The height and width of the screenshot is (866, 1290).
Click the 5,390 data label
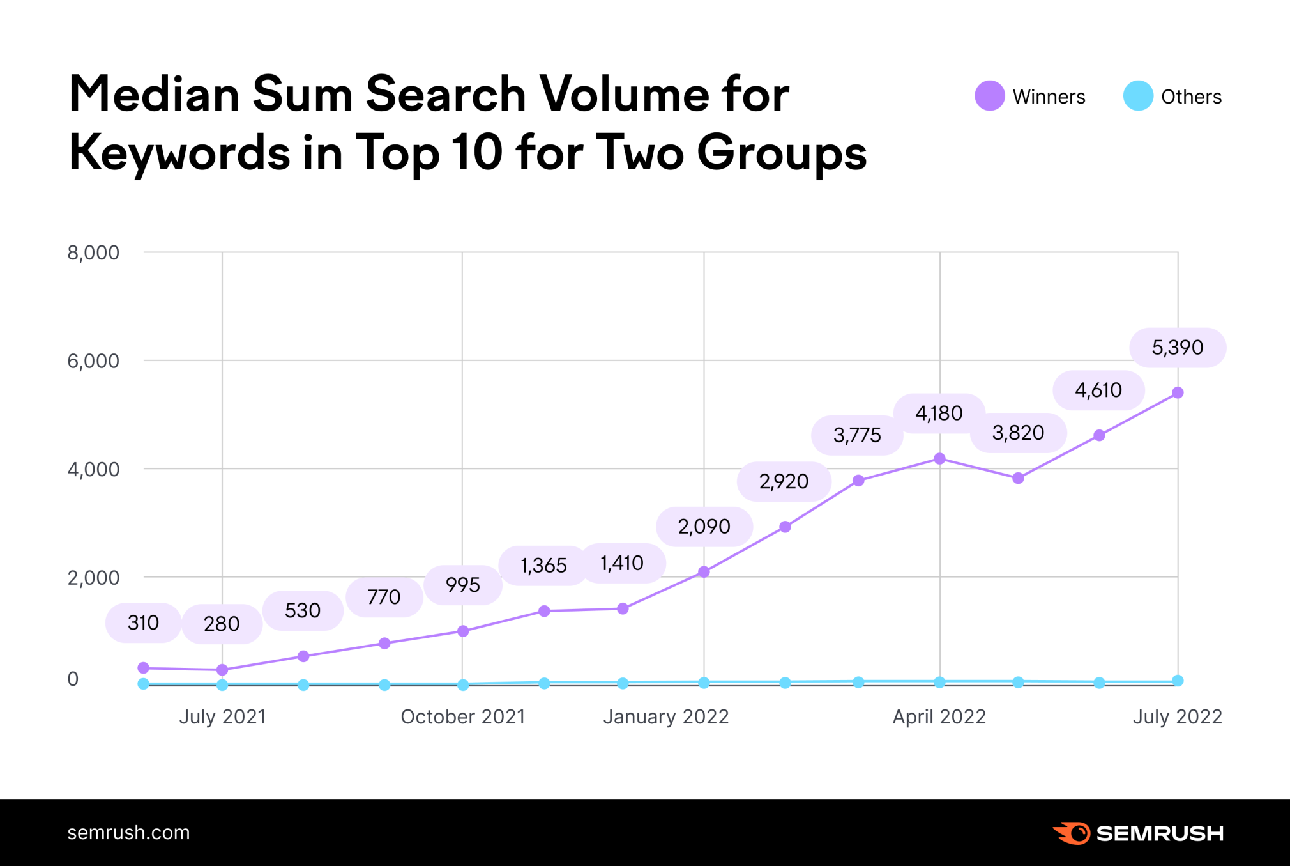click(x=1177, y=348)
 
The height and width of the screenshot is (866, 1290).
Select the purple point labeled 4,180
click(x=939, y=459)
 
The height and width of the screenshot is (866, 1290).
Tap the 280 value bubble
click(x=222, y=624)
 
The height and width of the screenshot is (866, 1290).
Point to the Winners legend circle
click(x=990, y=97)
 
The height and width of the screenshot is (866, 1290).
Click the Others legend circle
click(x=1138, y=97)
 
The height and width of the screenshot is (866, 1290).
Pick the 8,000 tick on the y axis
click(x=93, y=253)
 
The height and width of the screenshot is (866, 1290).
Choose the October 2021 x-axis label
click(x=462, y=717)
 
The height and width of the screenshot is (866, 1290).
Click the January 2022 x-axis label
click(x=666, y=717)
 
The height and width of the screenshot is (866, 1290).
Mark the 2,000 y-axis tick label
click(x=93, y=578)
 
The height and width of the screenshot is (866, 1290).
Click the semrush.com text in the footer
click(x=128, y=833)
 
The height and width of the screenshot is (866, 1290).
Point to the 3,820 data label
click(x=1018, y=433)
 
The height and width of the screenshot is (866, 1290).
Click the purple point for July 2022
click(x=1178, y=393)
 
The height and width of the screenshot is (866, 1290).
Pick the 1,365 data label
click(x=543, y=566)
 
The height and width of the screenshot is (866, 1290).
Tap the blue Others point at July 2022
click(x=1178, y=681)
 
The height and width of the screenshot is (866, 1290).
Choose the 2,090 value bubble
click(x=704, y=527)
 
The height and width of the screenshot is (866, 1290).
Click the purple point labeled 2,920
click(x=785, y=527)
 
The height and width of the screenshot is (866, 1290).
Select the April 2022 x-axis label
click(x=939, y=717)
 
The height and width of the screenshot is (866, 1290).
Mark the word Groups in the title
click(x=782, y=153)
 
